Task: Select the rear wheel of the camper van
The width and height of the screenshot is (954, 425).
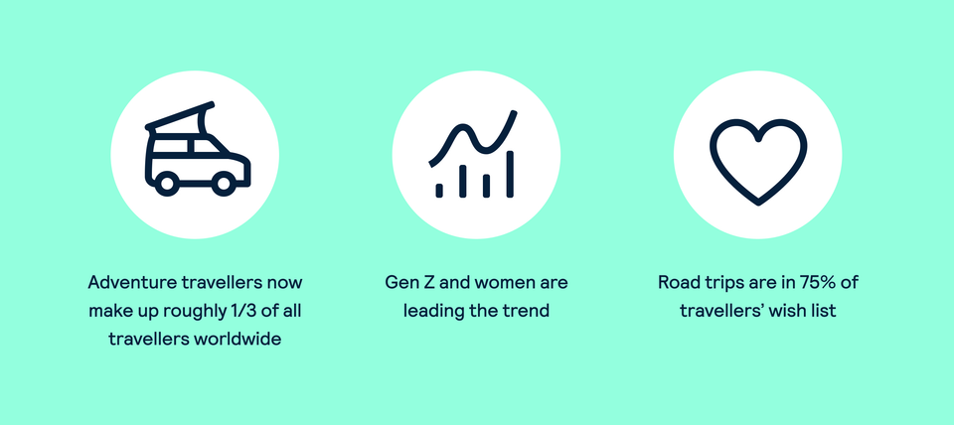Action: pos(167,183)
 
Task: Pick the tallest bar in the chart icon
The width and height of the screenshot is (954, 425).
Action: pos(510,174)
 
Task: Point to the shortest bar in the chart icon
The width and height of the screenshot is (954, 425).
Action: pos(438,189)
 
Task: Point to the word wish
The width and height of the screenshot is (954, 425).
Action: pos(791,311)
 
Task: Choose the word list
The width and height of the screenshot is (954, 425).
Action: pos(825,311)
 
